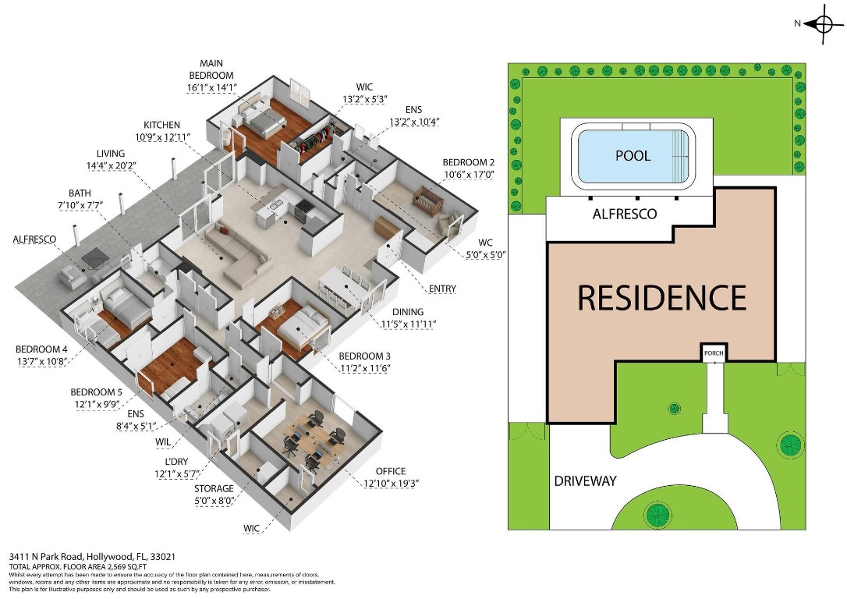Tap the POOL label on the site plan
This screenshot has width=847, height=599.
tap(633, 155)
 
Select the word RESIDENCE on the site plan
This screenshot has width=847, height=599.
tap(661, 298)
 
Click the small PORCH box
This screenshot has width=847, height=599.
tap(713, 353)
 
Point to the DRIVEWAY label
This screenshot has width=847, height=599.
tap(585, 480)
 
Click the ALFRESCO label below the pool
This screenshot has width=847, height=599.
tap(625, 214)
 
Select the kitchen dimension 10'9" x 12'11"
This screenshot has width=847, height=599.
tap(161, 138)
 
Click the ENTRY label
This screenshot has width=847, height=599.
tap(441, 289)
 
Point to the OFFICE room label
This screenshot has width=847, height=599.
tap(390, 471)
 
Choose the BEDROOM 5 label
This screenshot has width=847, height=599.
tap(94, 392)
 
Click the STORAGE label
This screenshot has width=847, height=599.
tap(214, 489)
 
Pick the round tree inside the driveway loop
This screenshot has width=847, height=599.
tap(657, 514)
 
